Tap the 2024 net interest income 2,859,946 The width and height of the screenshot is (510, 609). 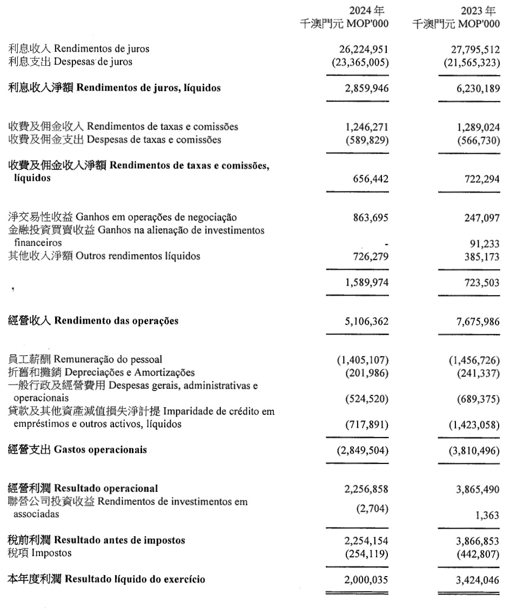(366, 88)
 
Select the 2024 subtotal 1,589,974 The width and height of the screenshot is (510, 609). (366, 282)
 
